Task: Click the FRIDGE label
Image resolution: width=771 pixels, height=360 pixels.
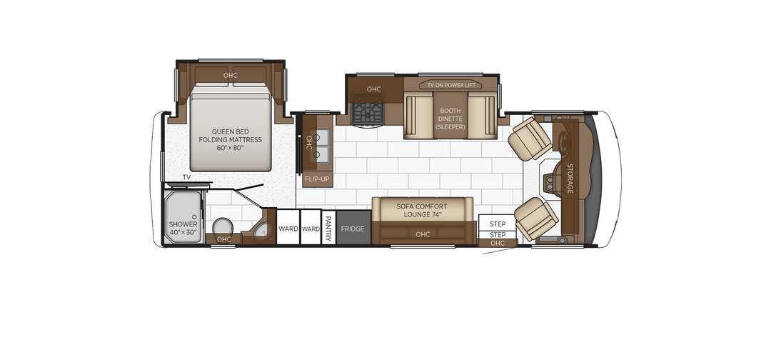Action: pyautogui.click(x=352, y=229)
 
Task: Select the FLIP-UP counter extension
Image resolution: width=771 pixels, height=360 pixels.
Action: pyautogui.click(x=317, y=179)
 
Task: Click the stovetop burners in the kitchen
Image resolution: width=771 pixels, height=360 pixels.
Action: pyautogui.click(x=368, y=113)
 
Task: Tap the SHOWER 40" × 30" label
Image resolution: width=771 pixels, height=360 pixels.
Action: pyautogui.click(x=183, y=228)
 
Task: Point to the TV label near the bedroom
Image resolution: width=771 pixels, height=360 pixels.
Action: pyautogui.click(x=186, y=176)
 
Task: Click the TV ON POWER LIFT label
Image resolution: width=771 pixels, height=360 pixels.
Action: pyautogui.click(x=450, y=85)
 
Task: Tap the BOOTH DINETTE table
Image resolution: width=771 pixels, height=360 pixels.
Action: pyautogui.click(x=450, y=119)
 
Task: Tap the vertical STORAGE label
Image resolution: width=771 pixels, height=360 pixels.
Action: pyautogui.click(x=570, y=178)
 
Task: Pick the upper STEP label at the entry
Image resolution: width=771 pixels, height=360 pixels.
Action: pyautogui.click(x=498, y=224)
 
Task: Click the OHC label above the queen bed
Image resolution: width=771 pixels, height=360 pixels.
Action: pyautogui.click(x=230, y=75)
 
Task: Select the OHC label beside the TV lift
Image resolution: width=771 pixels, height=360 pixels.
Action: pyautogui.click(x=374, y=89)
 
